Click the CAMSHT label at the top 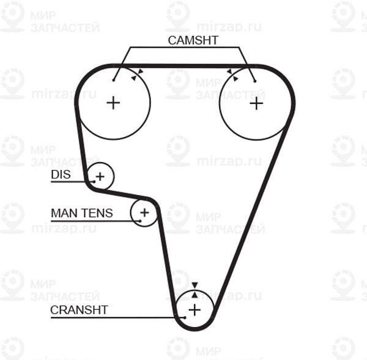(x=193, y=40)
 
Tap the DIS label (x=61, y=174)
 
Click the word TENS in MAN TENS (x=98, y=213)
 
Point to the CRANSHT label (x=79, y=310)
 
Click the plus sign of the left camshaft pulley (x=113, y=103)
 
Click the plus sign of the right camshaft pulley (x=256, y=103)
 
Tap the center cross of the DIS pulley (x=100, y=177)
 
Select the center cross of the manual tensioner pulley (x=144, y=213)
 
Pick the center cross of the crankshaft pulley (x=195, y=310)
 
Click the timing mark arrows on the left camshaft (x=137, y=75)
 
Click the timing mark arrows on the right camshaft (x=232, y=75)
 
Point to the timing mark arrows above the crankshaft (x=195, y=290)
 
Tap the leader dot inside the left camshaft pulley (x=114, y=80)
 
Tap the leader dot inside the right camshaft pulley (x=255, y=81)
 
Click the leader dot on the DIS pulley (x=94, y=182)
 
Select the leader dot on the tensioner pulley (x=140, y=221)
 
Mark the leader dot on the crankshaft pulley (x=185, y=318)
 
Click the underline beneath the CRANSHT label (x=117, y=318)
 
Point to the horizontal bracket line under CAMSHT (x=185, y=47)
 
